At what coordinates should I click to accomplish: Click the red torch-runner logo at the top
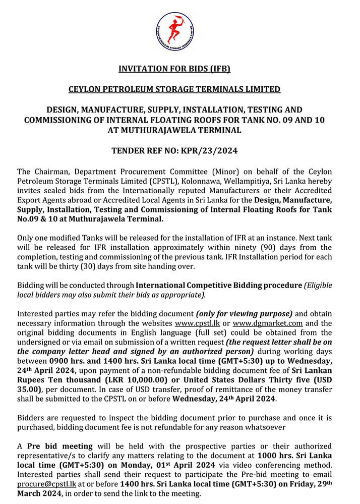(x=180, y=31)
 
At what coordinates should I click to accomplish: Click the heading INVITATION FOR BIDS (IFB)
(x=180, y=69)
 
